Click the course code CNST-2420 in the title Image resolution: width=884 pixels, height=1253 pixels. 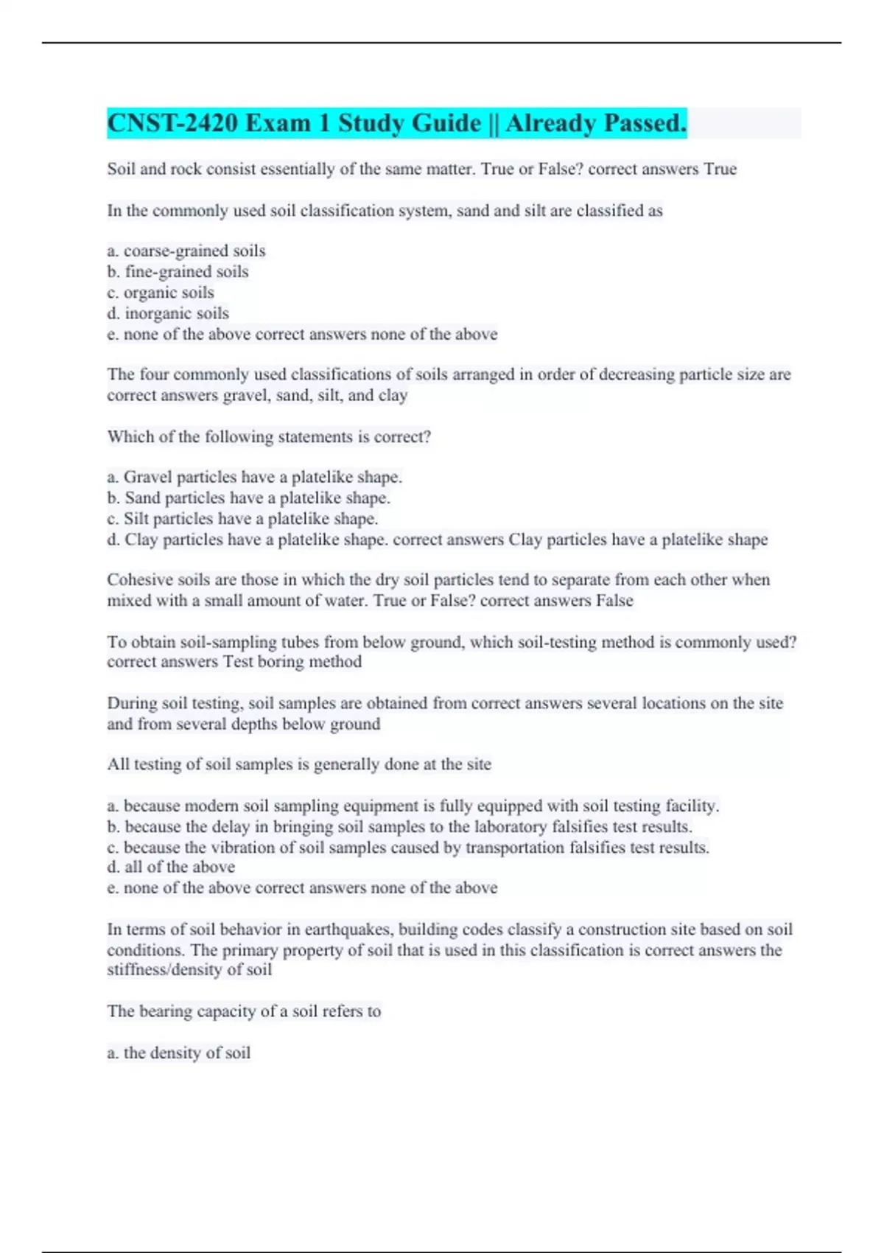coord(172,123)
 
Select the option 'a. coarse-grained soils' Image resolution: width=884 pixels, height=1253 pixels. coord(186,251)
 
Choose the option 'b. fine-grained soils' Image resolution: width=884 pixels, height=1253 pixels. coord(178,271)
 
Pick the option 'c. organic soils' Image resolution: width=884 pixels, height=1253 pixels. coord(161,292)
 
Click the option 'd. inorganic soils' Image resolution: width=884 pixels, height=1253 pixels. coord(168,313)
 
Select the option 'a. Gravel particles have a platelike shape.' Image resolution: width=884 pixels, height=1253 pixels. coord(254,477)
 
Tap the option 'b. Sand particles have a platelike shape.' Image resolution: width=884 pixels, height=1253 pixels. coord(248,498)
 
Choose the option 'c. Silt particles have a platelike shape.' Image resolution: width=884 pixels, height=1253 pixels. coord(242,519)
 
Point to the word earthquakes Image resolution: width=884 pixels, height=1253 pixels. coord(347,929)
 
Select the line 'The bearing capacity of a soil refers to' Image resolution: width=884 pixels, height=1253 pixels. coord(244,1011)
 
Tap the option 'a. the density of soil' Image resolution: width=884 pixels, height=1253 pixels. coord(178,1053)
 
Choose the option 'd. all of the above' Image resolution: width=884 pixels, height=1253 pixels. coord(171,867)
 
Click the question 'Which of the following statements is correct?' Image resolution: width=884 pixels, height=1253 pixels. coord(269,436)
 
